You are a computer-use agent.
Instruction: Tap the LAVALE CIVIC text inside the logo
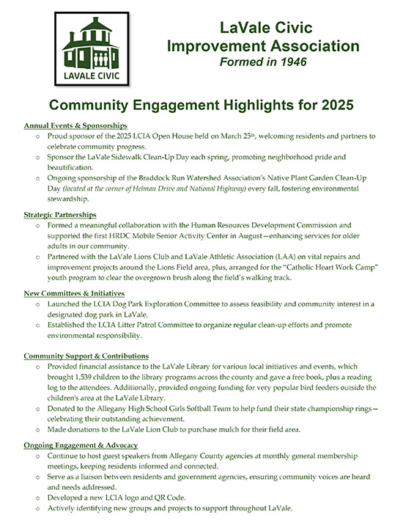click(x=89, y=76)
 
